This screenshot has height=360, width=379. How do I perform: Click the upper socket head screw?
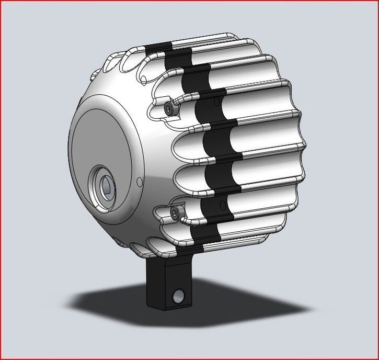pos(169,108)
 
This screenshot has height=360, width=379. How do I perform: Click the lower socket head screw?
pos(175,211)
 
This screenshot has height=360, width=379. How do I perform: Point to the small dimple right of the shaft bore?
pos(139,182)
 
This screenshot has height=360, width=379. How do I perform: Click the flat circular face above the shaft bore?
pos(105,136)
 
